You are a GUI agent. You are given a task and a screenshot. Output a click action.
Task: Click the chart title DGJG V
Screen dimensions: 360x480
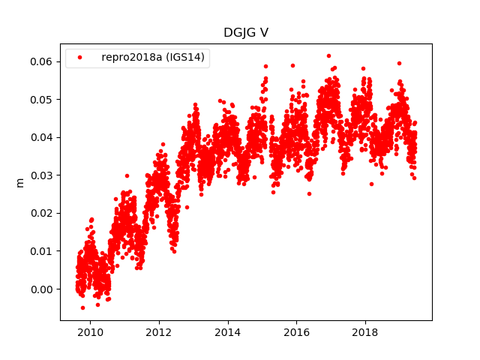click(x=245, y=33)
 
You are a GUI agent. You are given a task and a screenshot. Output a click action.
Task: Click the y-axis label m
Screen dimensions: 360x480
click(x=20, y=181)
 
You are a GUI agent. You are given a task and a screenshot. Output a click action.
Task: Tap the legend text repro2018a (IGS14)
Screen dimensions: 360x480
click(x=154, y=58)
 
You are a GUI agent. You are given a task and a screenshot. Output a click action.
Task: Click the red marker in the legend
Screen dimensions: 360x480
click(x=80, y=58)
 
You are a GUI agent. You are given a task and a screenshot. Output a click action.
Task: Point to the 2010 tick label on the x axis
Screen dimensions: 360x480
click(x=90, y=332)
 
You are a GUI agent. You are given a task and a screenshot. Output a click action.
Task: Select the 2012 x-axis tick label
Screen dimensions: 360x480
click(x=159, y=332)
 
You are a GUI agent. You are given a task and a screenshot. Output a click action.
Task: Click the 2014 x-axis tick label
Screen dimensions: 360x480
click(x=227, y=332)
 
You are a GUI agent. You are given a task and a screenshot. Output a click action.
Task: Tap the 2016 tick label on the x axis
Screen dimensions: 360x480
click(x=296, y=332)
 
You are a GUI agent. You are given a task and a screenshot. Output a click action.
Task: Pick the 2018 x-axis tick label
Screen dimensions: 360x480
click(x=365, y=332)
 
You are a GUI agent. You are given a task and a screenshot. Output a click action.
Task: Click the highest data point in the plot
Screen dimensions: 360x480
click(x=328, y=55)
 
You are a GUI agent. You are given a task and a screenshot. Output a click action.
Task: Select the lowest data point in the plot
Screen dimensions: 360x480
click(x=82, y=307)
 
